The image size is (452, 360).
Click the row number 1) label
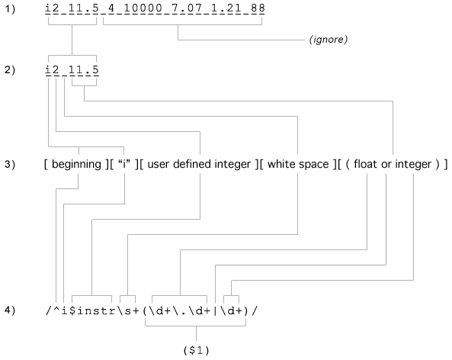click(9, 9)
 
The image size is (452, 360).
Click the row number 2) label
click(9, 70)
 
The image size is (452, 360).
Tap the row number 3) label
click(9, 164)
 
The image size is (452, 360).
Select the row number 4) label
click(9, 310)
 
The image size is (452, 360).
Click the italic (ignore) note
click(329, 39)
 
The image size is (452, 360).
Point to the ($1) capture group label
click(197, 350)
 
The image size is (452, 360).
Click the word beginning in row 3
click(76, 165)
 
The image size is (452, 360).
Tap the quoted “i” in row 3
click(124, 164)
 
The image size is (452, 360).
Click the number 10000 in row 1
click(143, 8)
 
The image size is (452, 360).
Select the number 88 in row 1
click(258, 8)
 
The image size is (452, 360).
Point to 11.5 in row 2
click(84, 69)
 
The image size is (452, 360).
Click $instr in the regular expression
click(92, 310)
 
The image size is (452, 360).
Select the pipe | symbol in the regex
click(215, 311)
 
